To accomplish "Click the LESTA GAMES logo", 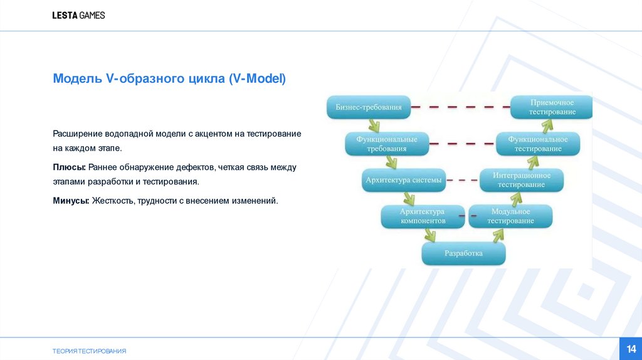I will tap(78, 15).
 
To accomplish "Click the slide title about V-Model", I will tap(169, 79).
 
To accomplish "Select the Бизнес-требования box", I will tap(369, 107).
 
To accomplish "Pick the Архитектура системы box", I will tap(404, 181).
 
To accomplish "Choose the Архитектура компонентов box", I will tap(423, 216).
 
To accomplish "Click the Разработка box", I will tap(463, 253).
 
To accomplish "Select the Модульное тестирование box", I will tap(510, 216).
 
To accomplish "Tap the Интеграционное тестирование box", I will tap(522, 180).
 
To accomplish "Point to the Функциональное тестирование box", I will tap(538, 144).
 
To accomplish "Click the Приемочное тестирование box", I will tap(552, 107).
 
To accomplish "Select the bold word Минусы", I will tap(71, 201).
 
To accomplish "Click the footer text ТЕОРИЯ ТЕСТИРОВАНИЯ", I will tap(89, 351).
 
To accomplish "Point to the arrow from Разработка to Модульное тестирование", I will tap(498, 235).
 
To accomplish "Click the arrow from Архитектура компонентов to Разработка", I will tap(429, 235).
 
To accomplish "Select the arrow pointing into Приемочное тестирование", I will tap(545, 125).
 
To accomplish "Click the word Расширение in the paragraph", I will tap(77, 134).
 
